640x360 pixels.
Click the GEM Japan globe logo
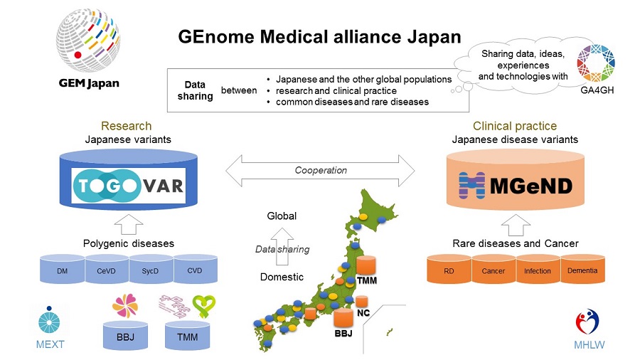88,40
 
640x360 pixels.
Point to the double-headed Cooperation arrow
320,171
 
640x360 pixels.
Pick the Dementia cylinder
582,269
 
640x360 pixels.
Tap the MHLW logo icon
587,322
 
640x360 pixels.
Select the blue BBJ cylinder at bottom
125,336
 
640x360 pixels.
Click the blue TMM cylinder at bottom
188,336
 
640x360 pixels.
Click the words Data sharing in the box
194,90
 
